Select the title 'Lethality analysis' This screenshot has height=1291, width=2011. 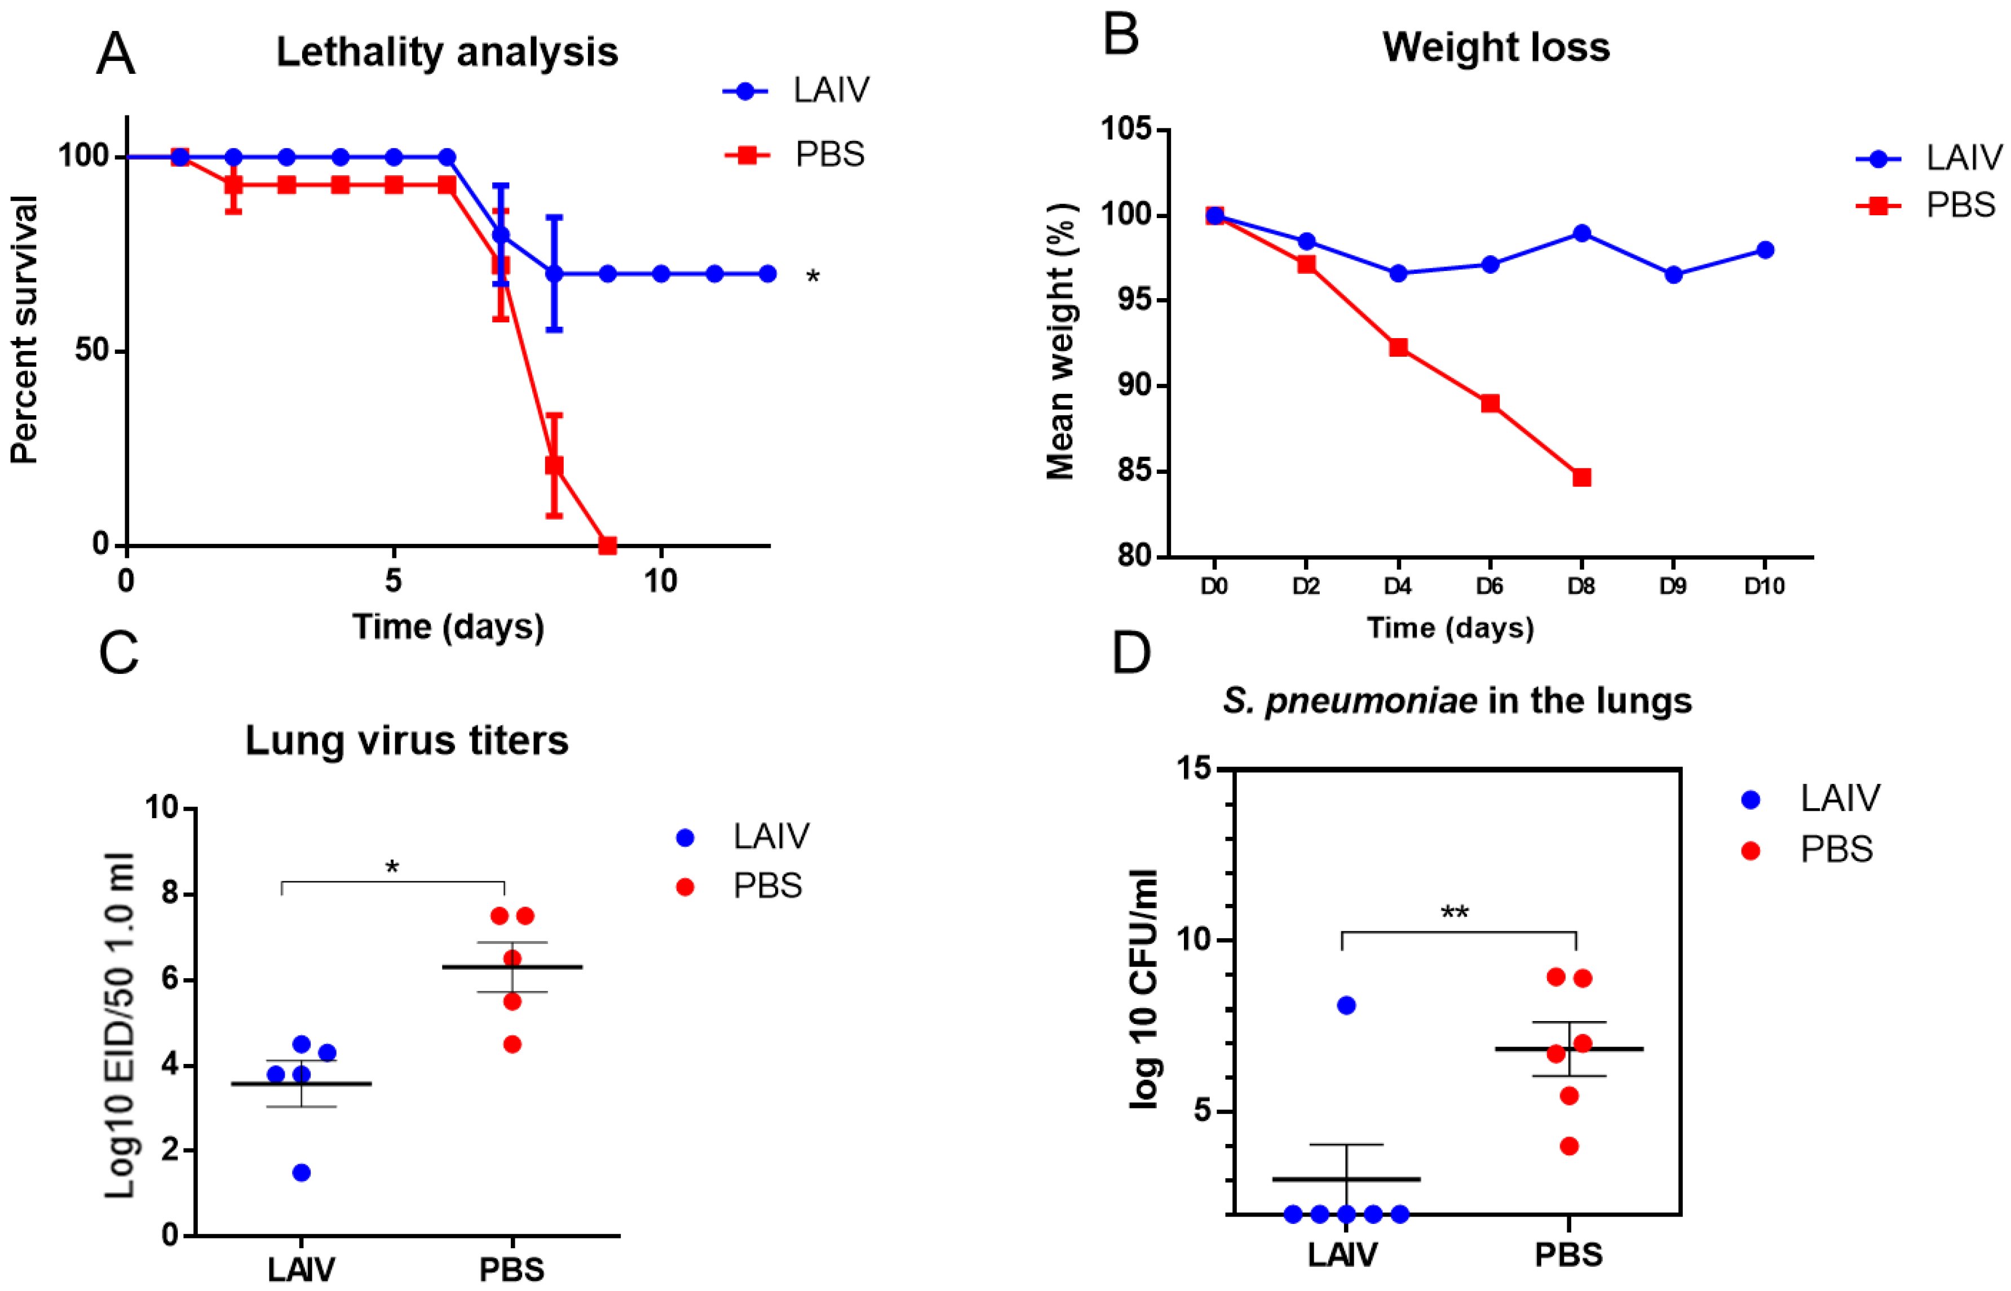pos(447,52)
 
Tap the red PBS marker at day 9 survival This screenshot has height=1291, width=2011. pos(607,545)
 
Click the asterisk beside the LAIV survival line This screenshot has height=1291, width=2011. pos(812,277)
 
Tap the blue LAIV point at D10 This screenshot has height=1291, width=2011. pos(1765,250)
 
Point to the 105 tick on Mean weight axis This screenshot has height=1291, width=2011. pos(1125,130)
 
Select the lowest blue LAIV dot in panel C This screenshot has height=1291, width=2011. pos(301,1173)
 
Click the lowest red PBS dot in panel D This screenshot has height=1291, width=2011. pos(1569,1146)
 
